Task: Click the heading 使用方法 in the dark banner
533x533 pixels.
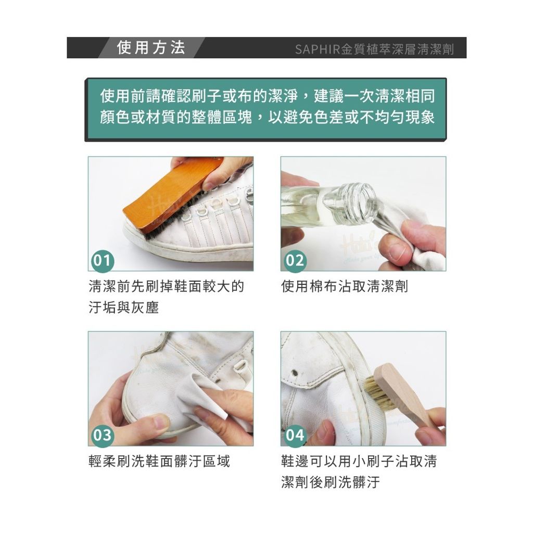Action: [151, 47]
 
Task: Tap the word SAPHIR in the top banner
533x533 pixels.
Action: [318, 49]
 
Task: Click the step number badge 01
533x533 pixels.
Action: [103, 261]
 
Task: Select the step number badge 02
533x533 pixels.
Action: [295, 261]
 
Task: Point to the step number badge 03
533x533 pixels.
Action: [103, 436]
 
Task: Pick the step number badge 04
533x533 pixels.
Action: [295, 436]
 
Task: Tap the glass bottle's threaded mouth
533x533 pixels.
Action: [364, 203]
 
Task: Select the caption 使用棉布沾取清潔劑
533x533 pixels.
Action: [345, 287]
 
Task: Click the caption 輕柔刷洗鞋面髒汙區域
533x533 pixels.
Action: [159, 461]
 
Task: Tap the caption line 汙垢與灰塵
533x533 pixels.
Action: [124, 308]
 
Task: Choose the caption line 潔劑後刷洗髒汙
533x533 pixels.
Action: [331, 482]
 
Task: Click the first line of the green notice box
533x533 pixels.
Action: [267, 96]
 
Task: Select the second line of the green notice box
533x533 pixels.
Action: [267, 117]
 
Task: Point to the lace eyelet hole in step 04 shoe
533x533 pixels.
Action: [295, 374]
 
